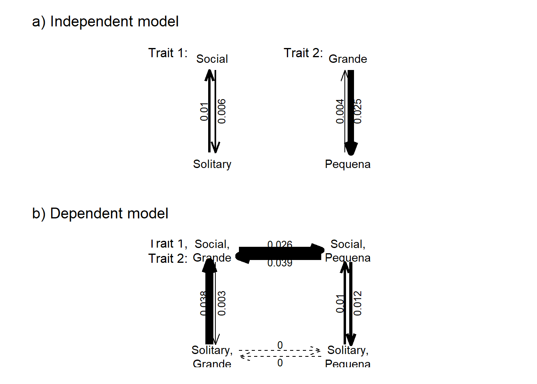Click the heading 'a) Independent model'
tap(105, 22)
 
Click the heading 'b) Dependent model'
tap(100, 214)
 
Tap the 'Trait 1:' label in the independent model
tap(168, 53)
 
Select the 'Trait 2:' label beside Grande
tap(303, 53)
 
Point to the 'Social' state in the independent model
tap(212, 59)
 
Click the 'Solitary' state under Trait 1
tap(212, 164)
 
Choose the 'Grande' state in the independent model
tap(348, 59)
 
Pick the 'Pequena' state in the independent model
tap(348, 164)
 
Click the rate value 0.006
tap(222, 111)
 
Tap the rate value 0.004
tap(340, 111)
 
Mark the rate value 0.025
tap(358, 111)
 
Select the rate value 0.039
tap(280, 263)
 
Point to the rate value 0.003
tap(222, 303)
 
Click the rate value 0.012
tap(358, 303)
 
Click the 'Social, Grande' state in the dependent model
tap(212, 251)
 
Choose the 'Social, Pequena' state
tap(348, 251)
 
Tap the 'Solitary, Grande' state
tap(212, 357)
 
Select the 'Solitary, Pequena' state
tap(348, 357)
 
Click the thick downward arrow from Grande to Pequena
tap(351, 120)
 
